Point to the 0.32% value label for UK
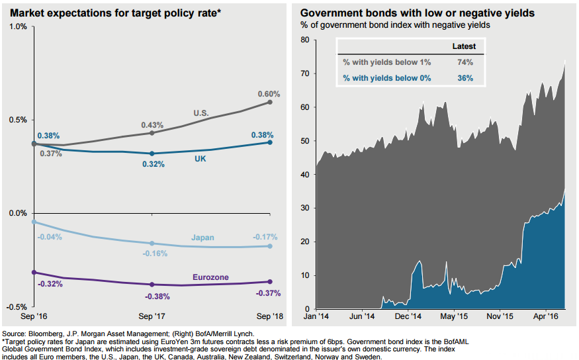[x=153, y=164]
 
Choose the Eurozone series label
[x=211, y=277]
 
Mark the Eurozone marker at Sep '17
[x=152, y=285]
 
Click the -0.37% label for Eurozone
[x=267, y=293]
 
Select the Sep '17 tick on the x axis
[x=152, y=317]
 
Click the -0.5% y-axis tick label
[x=17, y=307]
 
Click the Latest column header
[x=464, y=47]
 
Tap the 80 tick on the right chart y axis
[x=305, y=40]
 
